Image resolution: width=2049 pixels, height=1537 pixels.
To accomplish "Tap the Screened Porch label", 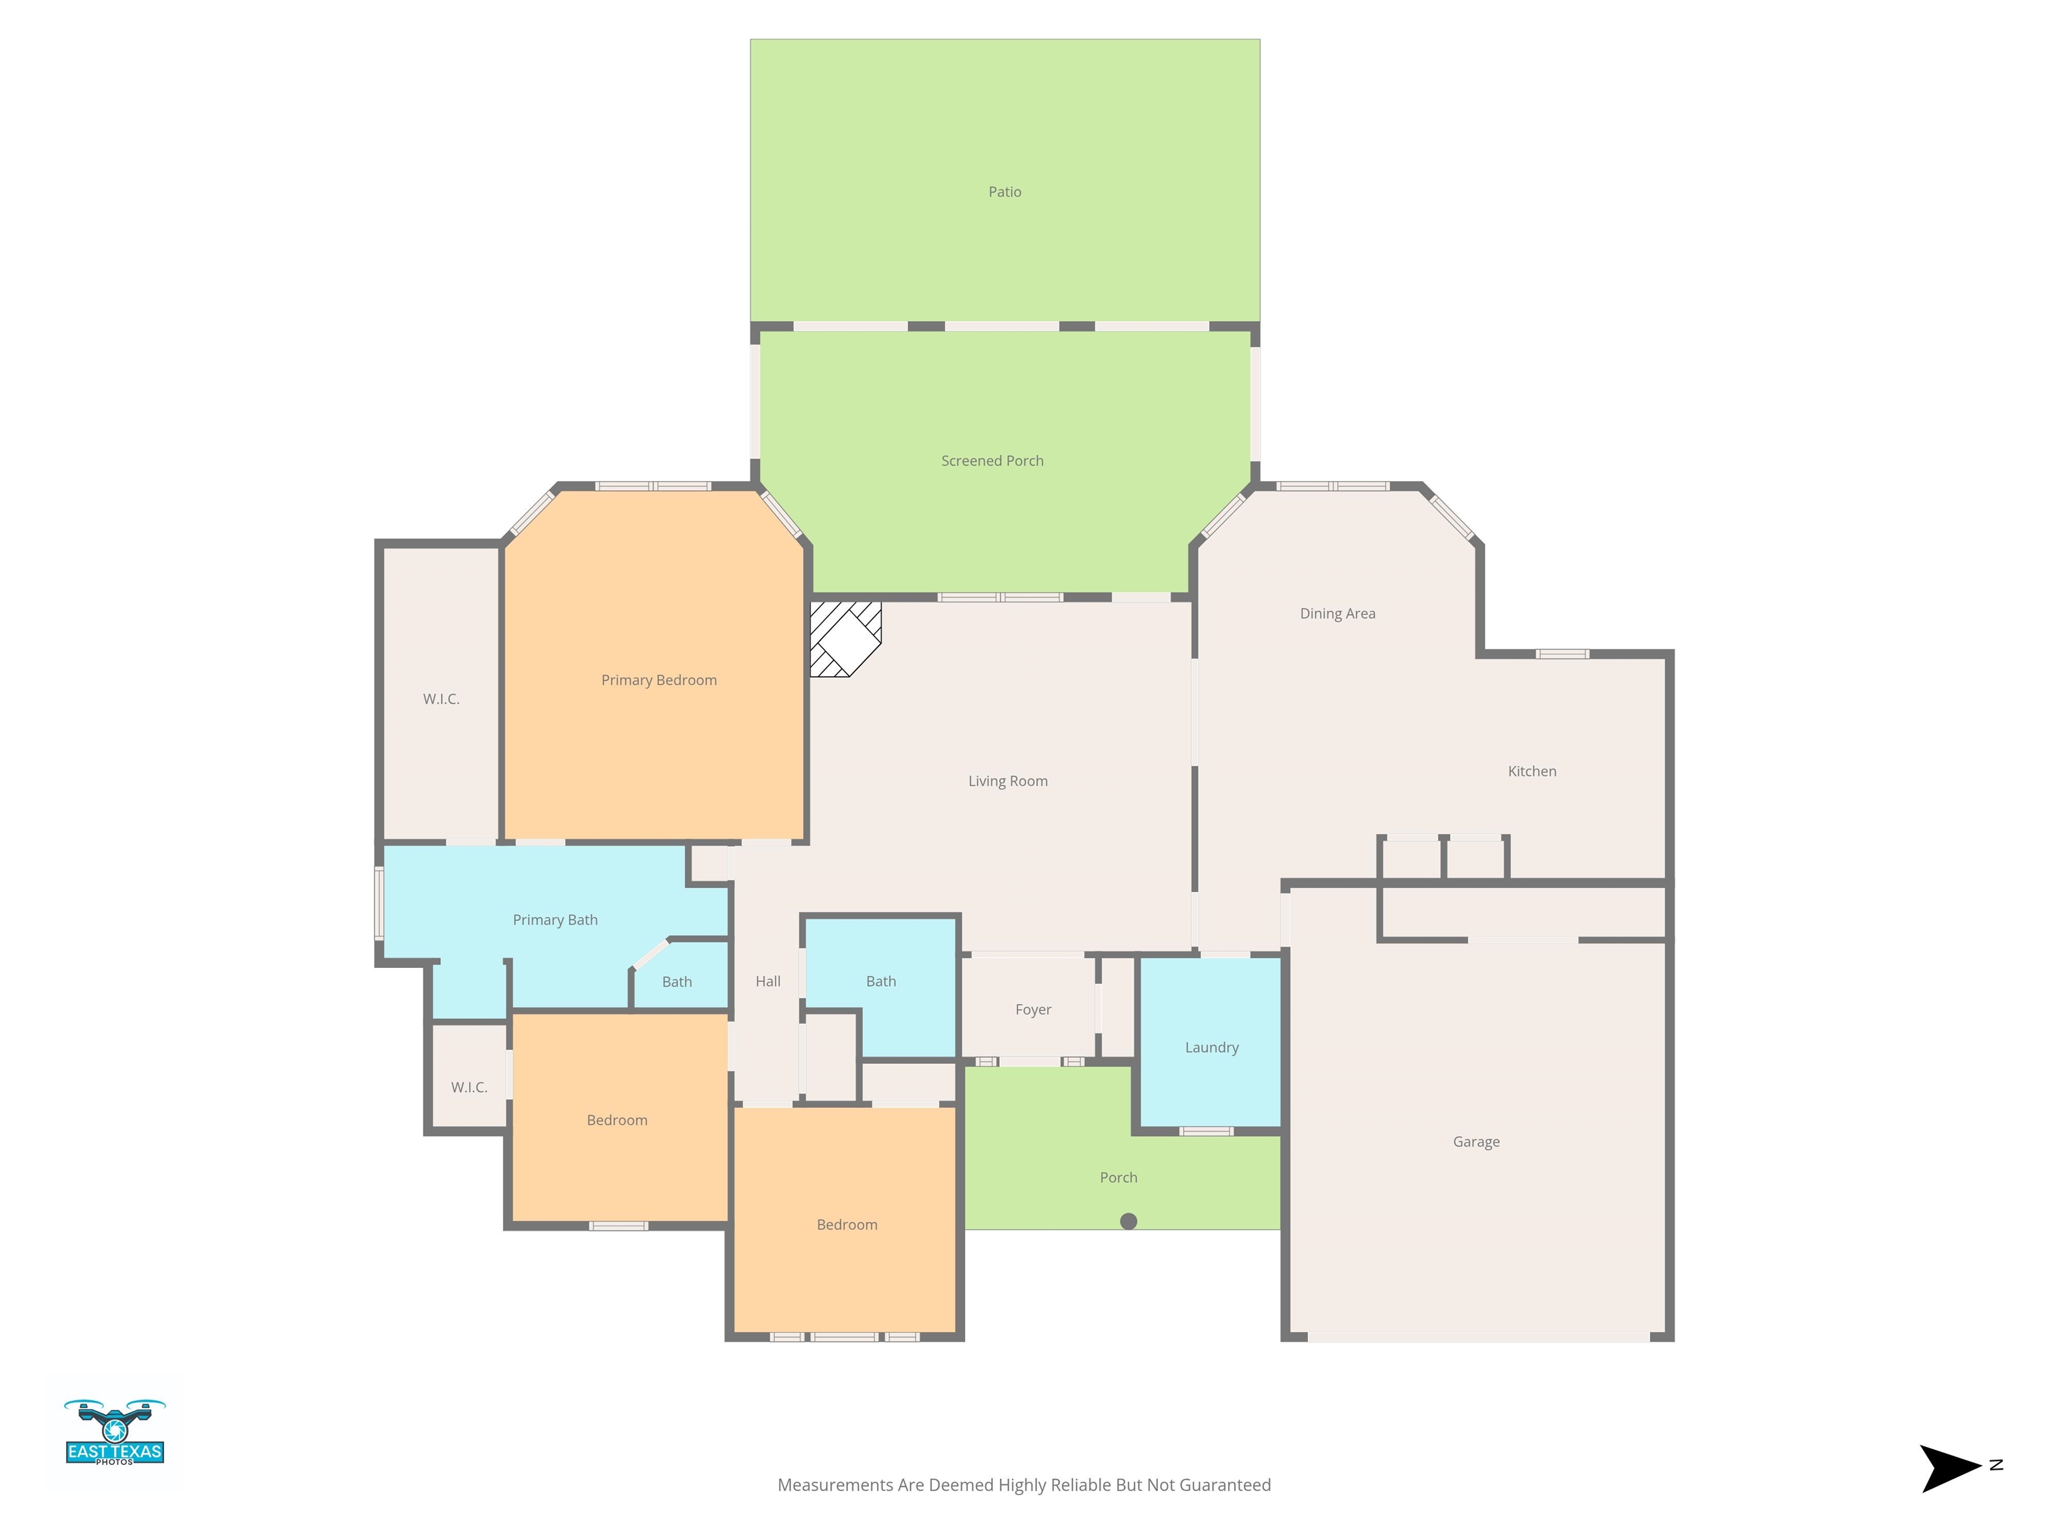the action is coord(992,460).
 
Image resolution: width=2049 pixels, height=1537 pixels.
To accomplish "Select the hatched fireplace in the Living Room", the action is coord(845,639).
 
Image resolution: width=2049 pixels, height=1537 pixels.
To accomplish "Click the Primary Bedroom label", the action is coord(658,680).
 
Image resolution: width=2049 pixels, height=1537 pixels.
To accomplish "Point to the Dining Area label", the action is coord(1337,613).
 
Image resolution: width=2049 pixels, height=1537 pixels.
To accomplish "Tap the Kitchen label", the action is coord(1531,771).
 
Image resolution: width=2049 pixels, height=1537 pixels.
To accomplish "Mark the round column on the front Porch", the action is coord(1129,1221).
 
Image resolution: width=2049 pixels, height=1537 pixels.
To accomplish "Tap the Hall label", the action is coord(768,981).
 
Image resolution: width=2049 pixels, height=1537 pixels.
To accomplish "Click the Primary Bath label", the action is coord(555,920).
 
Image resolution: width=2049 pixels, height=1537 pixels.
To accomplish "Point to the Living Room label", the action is coord(1008,781).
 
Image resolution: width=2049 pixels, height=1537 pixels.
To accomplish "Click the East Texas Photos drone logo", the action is coord(115,1432).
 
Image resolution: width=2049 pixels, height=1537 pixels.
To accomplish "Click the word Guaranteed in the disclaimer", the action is coord(1225,1485).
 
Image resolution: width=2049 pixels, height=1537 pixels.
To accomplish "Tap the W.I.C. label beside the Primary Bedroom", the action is coord(441,698).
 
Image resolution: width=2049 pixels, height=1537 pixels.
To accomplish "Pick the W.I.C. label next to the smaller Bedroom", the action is coord(469,1087).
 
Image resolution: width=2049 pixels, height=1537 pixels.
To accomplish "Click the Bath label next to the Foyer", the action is coord(881,981).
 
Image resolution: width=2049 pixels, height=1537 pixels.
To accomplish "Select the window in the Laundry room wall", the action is coord(1206,1131).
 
